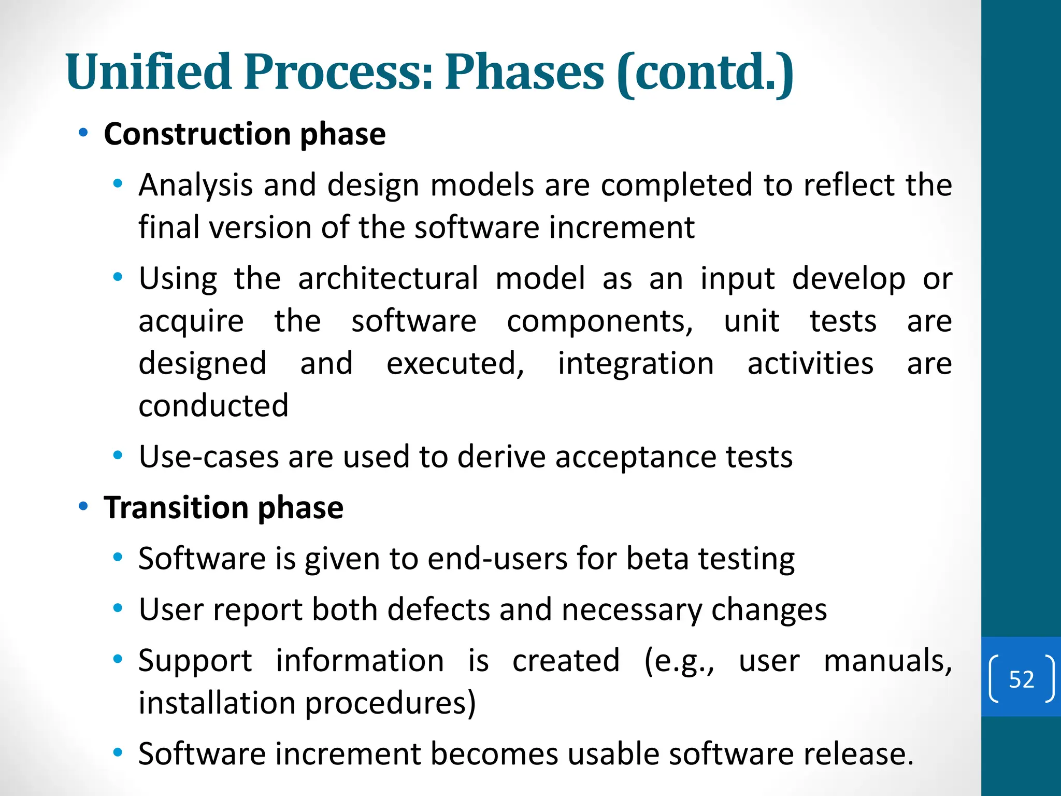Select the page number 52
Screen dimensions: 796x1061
(1021, 679)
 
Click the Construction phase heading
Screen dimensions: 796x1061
(245, 134)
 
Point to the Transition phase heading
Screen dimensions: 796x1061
(223, 507)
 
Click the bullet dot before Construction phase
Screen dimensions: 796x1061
(83, 133)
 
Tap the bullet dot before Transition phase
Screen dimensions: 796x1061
(83, 506)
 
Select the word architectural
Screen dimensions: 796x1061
(388, 278)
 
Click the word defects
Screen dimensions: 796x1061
(438, 609)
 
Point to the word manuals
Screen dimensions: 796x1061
(887, 661)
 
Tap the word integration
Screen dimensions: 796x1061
(636, 363)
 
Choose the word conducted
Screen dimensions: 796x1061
(213, 406)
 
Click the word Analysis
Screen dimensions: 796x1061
(195, 185)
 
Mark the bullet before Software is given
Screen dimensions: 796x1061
(118, 557)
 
